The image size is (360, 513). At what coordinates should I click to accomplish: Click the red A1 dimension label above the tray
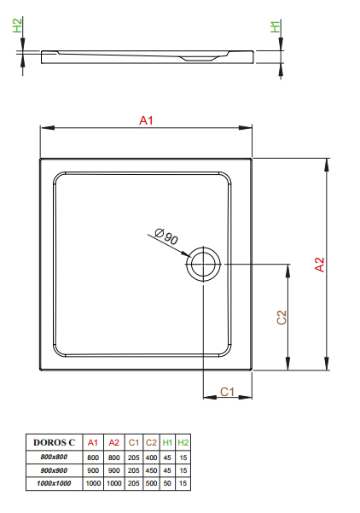tap(146, 120)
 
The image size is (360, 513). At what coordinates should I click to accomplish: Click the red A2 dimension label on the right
tap(319, 265)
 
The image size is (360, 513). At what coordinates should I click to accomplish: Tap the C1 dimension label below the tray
tap(227, 392)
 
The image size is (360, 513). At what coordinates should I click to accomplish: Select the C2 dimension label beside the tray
tap(282, 317)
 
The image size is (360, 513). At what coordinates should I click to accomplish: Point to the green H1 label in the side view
tap(276, 26)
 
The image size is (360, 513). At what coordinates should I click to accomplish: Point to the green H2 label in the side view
tap(17, 26)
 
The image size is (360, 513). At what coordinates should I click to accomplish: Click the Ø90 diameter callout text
tap(166, 236)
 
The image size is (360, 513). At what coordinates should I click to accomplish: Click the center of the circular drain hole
tap(203, 264)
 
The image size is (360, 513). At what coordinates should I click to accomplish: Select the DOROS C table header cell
tap(55, 442)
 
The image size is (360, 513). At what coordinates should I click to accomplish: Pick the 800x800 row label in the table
tap(54, 457)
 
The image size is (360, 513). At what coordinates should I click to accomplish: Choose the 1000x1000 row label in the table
tap(54, 483)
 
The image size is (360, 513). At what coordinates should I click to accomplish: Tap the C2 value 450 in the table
tap(151, 470)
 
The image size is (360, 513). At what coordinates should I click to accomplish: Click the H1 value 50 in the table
tap(167, 483)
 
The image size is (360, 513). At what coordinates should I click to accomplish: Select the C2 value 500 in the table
tap(151, 483)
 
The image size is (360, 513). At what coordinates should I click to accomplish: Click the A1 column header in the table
tap(93, 443)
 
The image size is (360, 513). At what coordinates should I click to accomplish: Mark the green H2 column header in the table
tap(183, 443)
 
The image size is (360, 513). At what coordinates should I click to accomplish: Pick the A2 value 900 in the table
tap(113, 470)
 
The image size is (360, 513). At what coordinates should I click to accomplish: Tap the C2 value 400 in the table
tap(151, 458)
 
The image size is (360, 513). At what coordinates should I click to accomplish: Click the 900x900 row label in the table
tap(54, 470)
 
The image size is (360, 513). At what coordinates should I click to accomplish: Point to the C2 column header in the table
tap(151, 443)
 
